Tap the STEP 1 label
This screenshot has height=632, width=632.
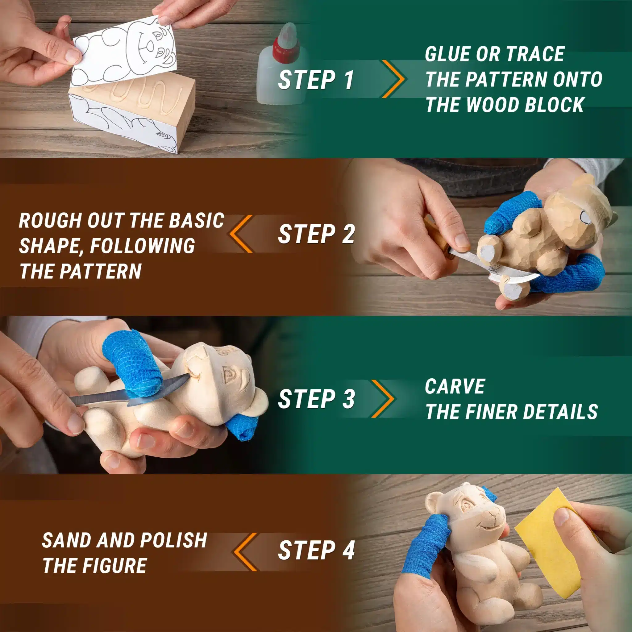[x=316, y=80]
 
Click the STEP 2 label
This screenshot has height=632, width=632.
[x=316, y=234]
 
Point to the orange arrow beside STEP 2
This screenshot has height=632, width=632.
[x=241, y=234]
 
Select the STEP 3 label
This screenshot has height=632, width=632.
[x=316, y=399]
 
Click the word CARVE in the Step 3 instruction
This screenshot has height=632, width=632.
[x=455, y=386]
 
